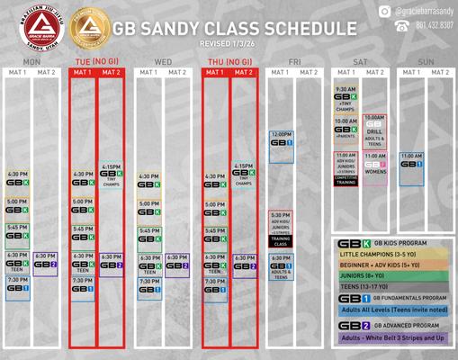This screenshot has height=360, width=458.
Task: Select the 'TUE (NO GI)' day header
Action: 97,61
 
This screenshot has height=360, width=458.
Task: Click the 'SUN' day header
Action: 427,61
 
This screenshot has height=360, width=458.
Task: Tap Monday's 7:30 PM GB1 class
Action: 17,285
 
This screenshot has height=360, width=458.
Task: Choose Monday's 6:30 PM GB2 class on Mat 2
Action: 45,261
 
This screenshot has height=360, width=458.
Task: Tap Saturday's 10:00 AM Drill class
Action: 375,130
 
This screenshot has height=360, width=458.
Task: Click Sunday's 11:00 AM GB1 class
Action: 411,162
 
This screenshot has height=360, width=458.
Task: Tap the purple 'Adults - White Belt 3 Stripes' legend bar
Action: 391,338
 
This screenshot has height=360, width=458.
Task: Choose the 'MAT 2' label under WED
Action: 176,72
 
